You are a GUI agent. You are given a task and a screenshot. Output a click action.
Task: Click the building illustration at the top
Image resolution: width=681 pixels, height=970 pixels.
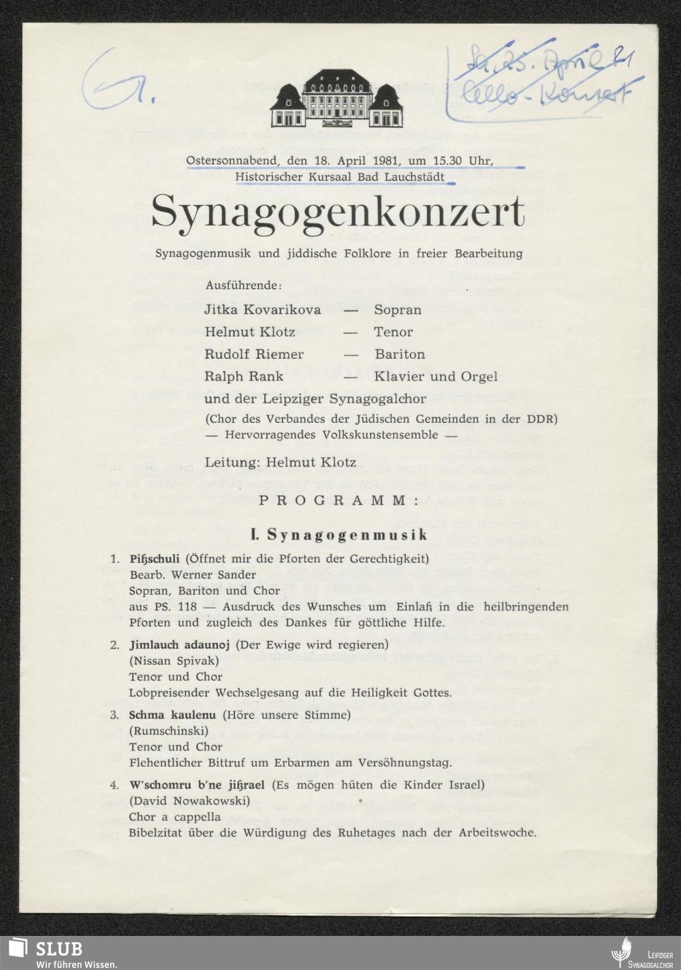[338, 99]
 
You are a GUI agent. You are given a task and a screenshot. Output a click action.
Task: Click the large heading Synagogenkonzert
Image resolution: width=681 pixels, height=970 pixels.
[338, 213]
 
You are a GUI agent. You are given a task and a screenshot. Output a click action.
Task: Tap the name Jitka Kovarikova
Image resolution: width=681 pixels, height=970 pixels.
[262, 310]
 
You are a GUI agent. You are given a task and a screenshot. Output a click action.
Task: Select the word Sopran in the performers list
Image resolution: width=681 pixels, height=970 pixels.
[398, 310]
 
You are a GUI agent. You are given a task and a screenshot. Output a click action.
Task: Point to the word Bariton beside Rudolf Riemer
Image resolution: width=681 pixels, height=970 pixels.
[400, 354]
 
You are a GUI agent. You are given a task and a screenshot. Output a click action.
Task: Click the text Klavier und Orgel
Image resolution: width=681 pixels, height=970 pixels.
[436, 377]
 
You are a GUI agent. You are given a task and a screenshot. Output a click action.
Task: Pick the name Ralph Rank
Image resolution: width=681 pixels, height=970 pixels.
[244, 377]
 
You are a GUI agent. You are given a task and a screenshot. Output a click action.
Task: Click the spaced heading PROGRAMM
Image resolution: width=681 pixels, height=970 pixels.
[338, 501]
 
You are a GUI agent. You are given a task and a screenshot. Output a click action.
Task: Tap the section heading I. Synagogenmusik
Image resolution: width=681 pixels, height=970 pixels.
[339, 535]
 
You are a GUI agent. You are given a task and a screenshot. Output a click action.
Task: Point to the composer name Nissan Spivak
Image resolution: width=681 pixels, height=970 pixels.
[174, 661]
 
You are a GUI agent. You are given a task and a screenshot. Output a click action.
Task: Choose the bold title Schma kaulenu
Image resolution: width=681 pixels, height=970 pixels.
[172, 715]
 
